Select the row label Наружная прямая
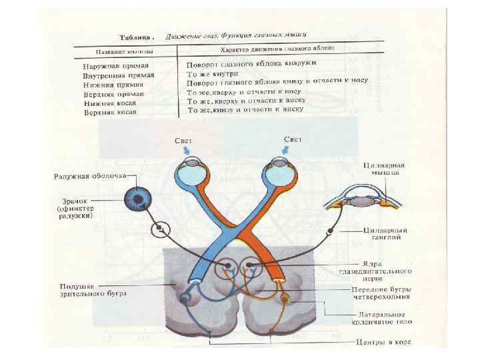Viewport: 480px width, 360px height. (114, 67)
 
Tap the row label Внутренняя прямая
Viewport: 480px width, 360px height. (117, 75)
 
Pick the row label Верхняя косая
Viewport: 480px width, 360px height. (110, 113)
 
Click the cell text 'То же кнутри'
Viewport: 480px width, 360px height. (212, 75)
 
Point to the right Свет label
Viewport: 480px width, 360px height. (293, 140)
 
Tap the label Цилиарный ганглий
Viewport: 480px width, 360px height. (385, 233)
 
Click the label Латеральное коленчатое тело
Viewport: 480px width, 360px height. (383, 318)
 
